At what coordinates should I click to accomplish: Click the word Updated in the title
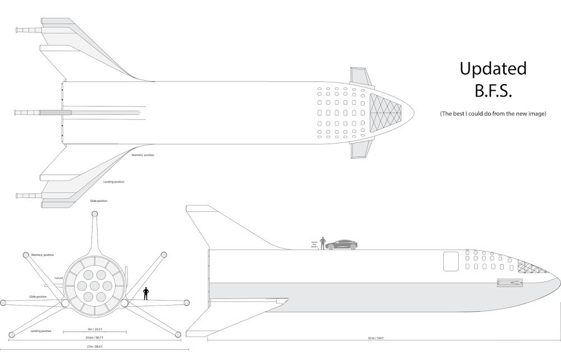[493, 68]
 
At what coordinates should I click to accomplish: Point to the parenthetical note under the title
[493, 114]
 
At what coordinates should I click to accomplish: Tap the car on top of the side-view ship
[341, 244]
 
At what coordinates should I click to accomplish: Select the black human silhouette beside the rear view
[146, 293]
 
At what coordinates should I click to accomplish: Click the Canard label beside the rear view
[58, 278]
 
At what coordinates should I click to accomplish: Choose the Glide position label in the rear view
[38, 296]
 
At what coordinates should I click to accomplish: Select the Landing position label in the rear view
[42, 331]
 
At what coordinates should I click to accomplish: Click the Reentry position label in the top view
[142, 155]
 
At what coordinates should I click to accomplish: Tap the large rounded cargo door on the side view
[452, 261]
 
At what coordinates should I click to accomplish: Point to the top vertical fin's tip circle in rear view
[94, 215]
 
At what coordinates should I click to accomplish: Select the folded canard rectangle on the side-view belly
[510, 283]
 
